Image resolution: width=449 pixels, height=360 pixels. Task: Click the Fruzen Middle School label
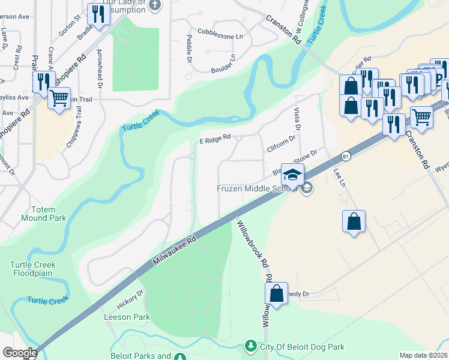(x=257, y=189)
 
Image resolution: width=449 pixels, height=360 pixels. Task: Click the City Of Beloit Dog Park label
(x=302, y=347)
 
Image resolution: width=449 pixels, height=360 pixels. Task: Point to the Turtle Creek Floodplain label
(x=32, y=269)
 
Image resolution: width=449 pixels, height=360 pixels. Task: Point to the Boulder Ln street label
(x=223, y=65)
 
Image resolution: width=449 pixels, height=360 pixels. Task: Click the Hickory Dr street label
(x=130, y=298)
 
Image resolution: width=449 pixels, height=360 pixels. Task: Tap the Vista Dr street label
(x=297, y=118)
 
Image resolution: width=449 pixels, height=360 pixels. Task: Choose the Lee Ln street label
(x=340, y=179)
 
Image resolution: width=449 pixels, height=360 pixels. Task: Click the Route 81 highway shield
(x=345, y=156)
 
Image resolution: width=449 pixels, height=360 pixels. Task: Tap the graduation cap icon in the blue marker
(x=293, y=175)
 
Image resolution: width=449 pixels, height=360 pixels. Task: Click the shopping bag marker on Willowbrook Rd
(x=276, y=294)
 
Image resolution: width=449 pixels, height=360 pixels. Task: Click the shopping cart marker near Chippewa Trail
(x=59, y=98)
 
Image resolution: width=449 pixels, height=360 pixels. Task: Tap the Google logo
(x=19, y=353)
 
